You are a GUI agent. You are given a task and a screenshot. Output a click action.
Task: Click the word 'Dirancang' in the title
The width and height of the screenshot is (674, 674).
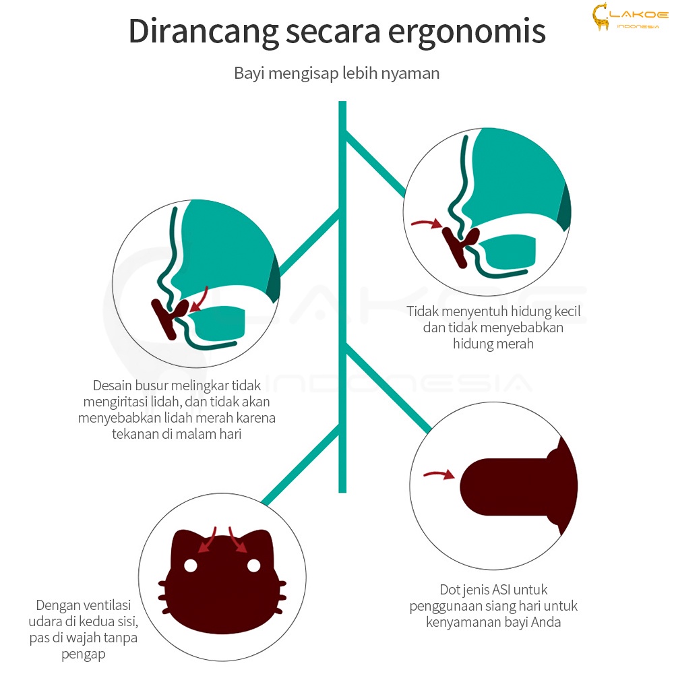point(204,32)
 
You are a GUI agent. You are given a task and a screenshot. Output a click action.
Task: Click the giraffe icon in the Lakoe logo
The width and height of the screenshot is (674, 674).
point(601,16)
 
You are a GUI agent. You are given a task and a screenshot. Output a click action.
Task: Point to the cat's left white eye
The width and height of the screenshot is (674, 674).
point(191,565)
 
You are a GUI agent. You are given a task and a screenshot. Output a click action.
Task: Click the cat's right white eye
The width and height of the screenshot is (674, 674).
point(253,565)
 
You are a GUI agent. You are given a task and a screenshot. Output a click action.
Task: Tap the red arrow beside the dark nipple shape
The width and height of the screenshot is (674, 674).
point(439,474)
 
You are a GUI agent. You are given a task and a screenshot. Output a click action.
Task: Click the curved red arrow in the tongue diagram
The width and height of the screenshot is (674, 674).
point(201,299)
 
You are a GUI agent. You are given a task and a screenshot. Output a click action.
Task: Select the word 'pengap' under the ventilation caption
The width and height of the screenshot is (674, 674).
point(84,654)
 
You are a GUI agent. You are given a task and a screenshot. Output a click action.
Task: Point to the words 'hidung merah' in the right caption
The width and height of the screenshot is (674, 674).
point(493,344)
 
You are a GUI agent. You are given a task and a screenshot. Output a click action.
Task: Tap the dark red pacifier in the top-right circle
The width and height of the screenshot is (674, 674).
point(459,245)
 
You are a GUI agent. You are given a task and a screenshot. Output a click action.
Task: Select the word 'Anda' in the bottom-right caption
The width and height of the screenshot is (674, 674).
point(546,622)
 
